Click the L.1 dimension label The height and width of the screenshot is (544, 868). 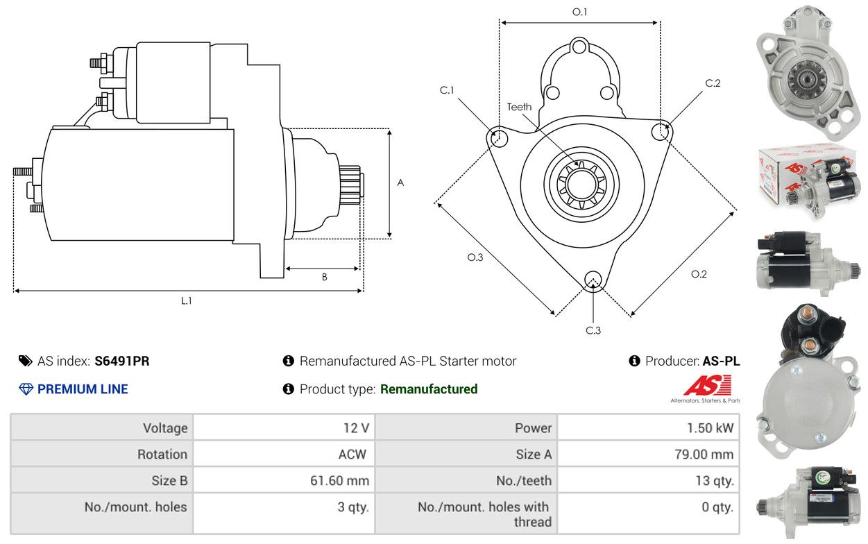186,300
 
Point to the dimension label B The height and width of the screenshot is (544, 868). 324,277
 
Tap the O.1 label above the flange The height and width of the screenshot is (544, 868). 579,12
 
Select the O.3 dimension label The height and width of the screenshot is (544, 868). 475,257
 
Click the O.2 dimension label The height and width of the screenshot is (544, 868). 699,274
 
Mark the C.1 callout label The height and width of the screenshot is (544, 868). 447,90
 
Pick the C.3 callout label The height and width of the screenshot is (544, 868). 593,330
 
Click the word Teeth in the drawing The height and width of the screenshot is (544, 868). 519,107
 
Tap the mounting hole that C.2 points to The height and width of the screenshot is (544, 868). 661,130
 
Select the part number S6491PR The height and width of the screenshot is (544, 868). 122,361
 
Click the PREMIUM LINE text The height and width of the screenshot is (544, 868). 83,389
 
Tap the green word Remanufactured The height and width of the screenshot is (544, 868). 429,389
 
